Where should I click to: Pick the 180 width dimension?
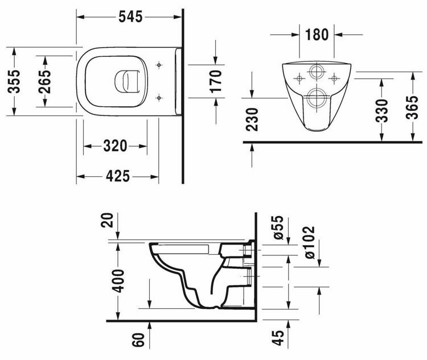pyautogui.click(x=317, y=34)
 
